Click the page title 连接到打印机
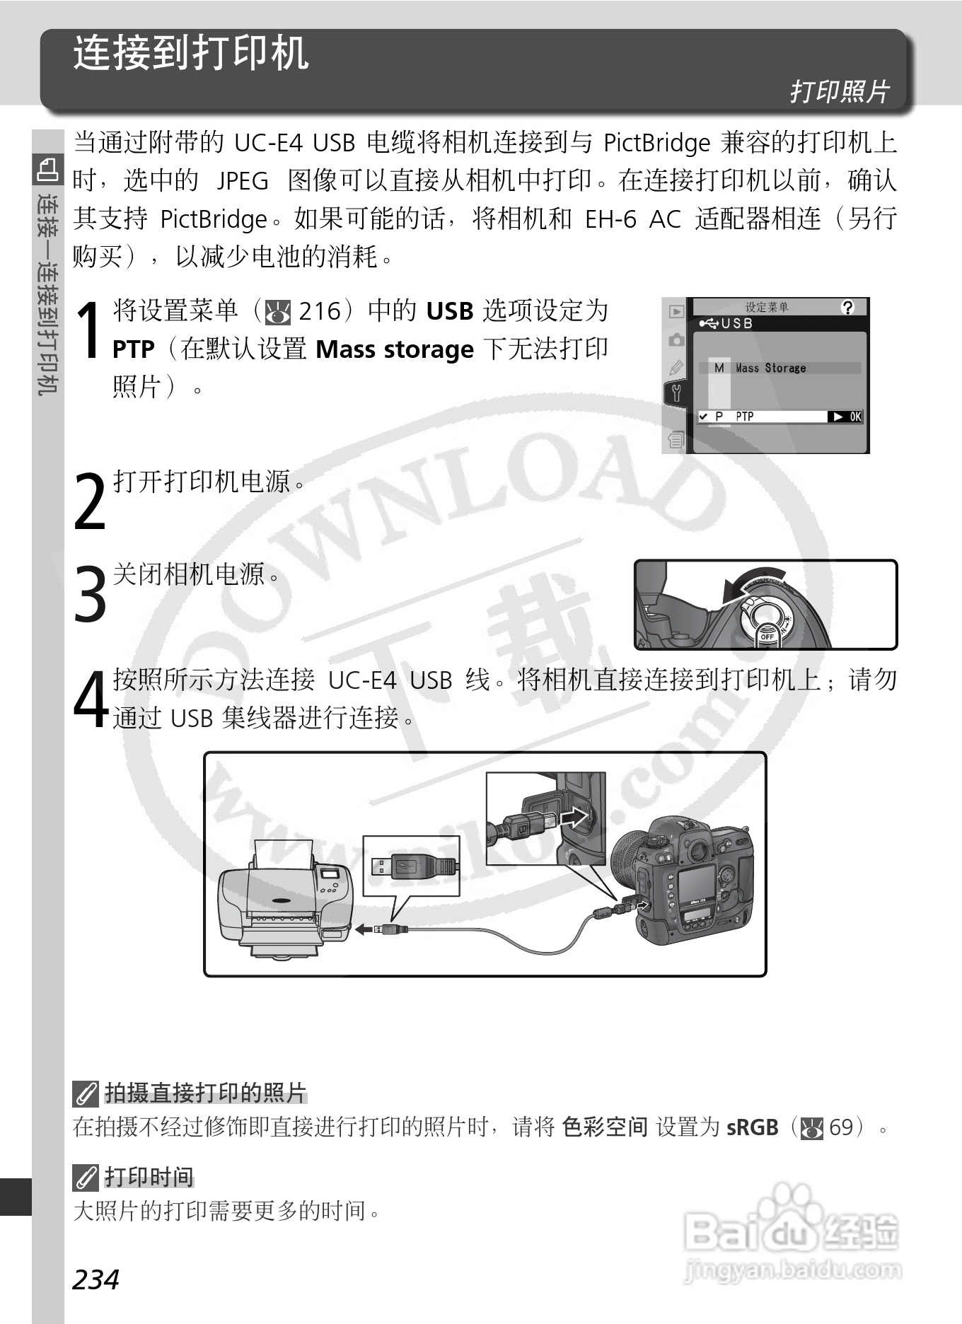click(191, 53)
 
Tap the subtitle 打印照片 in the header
click(839, 91)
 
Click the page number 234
click(96, 1279)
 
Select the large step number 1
click(89, 330)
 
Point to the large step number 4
click(91, 699)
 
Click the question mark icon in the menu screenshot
click(847, 307)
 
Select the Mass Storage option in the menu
click(770, 368)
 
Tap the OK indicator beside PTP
click(846, 417)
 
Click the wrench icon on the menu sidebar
click(676, 393)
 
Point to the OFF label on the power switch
click(767, 637)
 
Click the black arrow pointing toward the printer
click(364, 929)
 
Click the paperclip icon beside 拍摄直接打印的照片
click(86, 1094)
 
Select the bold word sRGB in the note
click(753, 1127)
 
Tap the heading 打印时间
click(149, 1177)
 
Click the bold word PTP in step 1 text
click(134, 349)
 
